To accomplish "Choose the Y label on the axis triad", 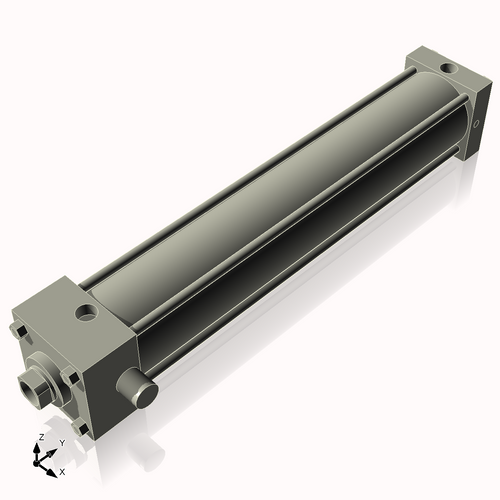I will pyautogui.click(x=61, y=443).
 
